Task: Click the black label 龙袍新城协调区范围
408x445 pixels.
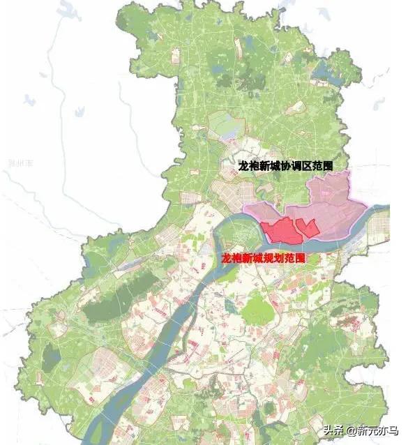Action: [x=285, y=167]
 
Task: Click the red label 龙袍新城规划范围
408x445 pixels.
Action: [x=263, y=258]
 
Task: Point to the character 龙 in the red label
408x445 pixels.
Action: [x=225, y=258]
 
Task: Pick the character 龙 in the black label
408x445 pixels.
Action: [x=243, y=167]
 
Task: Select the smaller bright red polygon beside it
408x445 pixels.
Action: [x=307, y=227]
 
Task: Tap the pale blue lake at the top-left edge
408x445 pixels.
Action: [x=68, y=9]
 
